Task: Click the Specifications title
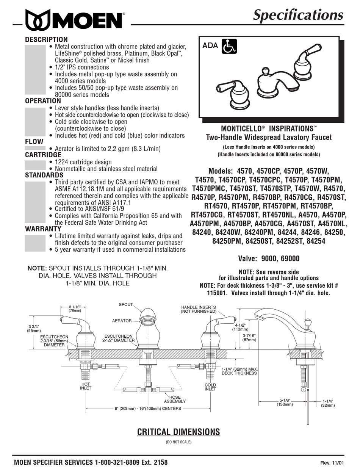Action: (x=298, y=15)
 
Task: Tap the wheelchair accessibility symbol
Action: (x=229, y=47)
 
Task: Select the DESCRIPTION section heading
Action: (x=46, y=39)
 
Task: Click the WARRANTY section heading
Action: (x=43, y=229)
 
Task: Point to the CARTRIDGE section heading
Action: (x=43, y=155)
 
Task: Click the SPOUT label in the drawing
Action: (x=126, y=304)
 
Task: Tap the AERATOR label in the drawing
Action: (x=122, y=321)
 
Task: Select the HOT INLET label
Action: (x=85, y=386)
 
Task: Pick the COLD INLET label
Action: (x=210, y=387)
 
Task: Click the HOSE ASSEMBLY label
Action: (x=175, y=399)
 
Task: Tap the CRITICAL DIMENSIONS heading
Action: (x=178, y=432)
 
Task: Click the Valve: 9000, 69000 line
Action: (x=268, y=258)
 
